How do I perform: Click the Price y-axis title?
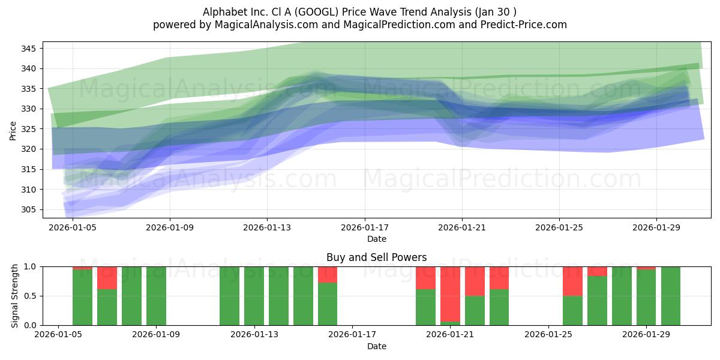tap(13, 130)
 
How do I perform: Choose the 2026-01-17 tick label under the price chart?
tap(364, 228)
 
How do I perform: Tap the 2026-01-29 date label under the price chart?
tap(656, 228)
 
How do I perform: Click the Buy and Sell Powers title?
tap(376, 257)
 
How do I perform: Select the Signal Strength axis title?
tap(15, 296)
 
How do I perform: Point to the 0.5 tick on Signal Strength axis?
tap(30, 296)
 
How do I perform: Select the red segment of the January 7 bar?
tap(107, 278)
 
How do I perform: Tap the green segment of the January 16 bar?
tap(328, 304)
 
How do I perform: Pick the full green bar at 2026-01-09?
tap(156, 296)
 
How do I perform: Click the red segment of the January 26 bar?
tap(572, 281)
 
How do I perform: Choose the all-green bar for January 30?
tap(670, 296)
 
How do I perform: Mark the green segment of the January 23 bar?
tap(499, 307)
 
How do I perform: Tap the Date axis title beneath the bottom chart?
tap(376, 346)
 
